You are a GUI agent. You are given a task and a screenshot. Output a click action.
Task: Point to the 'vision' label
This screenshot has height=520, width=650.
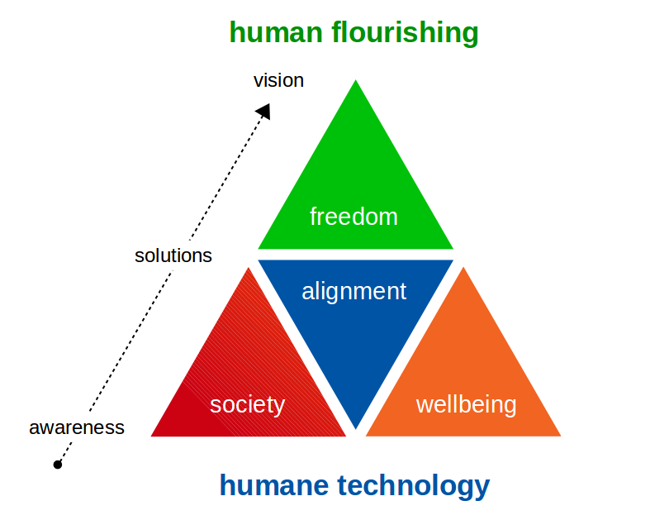[x=278, y=80]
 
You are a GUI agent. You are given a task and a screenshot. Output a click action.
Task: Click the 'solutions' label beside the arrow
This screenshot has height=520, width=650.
[x=173, y=255]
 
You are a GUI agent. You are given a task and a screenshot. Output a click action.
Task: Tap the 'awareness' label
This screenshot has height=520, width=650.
[x=77, y=427]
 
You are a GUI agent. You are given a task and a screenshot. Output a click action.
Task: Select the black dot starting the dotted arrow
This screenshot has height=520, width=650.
[x=58, y=465]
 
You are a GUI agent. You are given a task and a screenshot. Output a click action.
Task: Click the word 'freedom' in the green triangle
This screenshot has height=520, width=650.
[x=353, y=217]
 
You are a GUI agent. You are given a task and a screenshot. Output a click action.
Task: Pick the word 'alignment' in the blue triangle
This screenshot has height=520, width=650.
[x=354, y=291]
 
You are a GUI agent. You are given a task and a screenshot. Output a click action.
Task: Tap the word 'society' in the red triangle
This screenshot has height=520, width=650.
[x=247, y=405]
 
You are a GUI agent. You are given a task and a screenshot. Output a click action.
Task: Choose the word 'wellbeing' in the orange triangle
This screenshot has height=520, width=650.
[x=466, y=405]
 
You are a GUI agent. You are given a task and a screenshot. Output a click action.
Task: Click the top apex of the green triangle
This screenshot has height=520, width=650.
[x=356, y=81]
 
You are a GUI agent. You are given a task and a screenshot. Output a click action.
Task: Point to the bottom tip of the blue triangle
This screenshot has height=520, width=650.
[x=356, y=428]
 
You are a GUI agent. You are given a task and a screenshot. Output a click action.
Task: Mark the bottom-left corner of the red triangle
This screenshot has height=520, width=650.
[x=153, y=435]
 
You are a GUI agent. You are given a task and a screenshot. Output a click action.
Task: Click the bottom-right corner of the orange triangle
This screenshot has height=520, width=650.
[x=559, y=435]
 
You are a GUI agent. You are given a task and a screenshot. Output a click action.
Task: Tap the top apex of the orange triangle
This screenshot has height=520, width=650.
[x=463, y=268]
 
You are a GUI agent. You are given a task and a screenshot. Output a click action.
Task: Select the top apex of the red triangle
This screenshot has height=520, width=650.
[x=249, y=268]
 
